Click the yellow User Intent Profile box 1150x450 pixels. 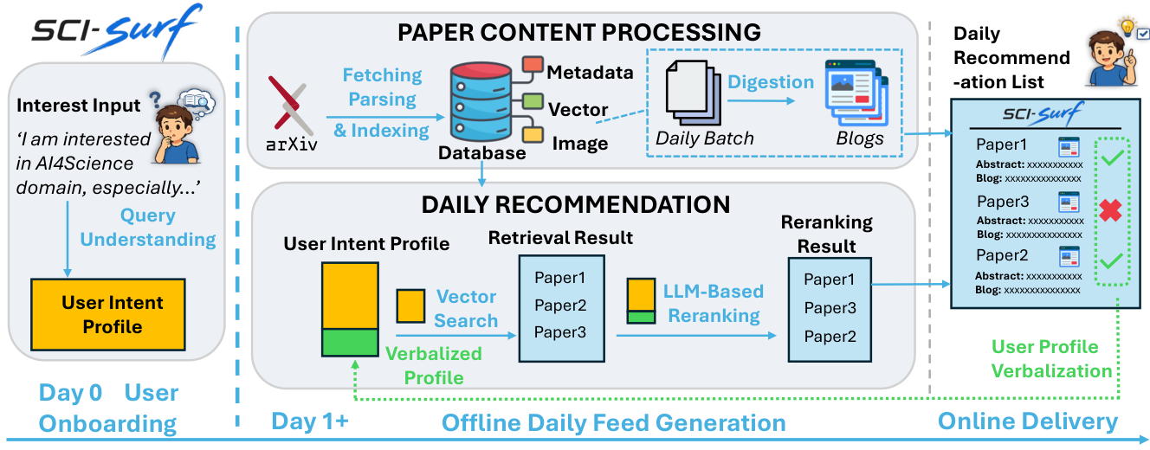pos(107,314)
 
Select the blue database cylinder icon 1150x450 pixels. pos(481,101)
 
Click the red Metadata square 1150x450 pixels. pos(533,65)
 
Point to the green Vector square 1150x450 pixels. pos(533,101)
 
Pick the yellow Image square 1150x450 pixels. pos(533,134)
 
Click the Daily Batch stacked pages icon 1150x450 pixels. pos(693,93)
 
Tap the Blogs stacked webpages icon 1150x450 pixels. pos(856,93)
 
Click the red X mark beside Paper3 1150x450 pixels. pos(1110,210)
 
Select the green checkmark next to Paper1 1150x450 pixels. pos(1112,157)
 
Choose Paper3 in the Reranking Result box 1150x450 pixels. pos(830,308)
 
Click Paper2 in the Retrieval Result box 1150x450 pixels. pos(560,305)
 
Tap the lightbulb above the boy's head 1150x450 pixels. pos(1127,26)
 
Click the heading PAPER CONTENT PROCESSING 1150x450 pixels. pos(579,32)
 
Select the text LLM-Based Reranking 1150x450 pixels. pos(714,303)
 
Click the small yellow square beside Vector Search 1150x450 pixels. pos(410,305)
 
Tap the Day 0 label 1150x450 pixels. pos(70,393)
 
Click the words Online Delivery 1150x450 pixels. pos(1028,421)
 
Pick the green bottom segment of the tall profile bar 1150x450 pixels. pos(350,342)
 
